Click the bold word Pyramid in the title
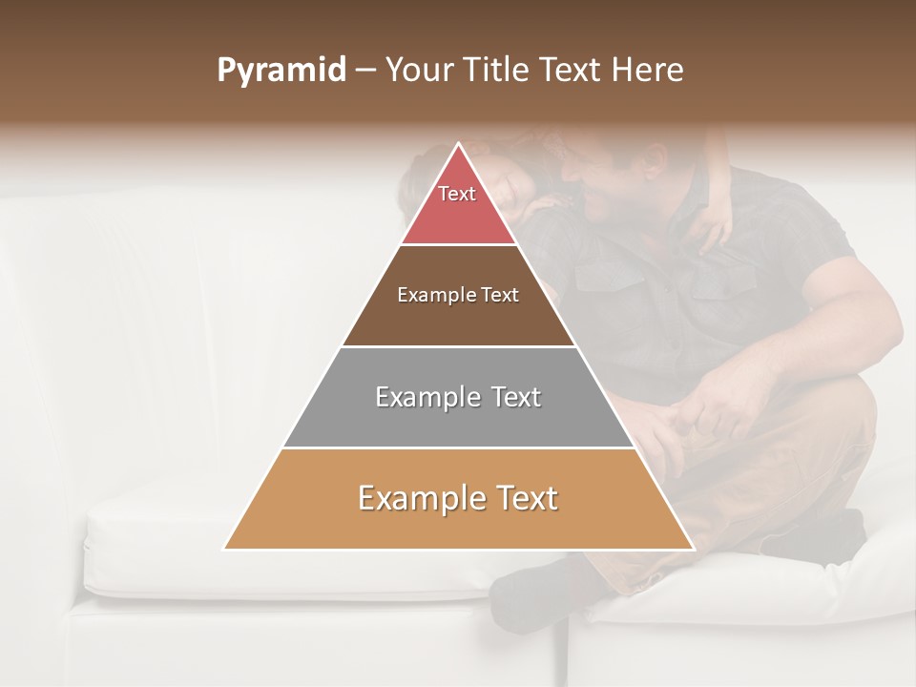click(281, 71)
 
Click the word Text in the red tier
click(457, 194)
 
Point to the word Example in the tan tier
click(414, 498)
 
